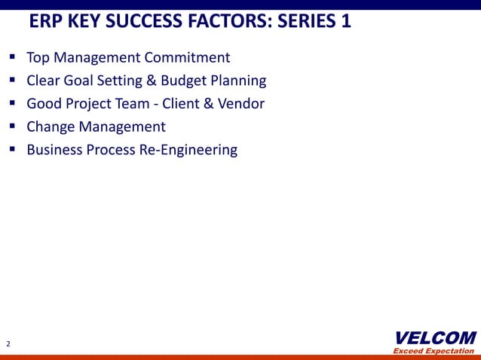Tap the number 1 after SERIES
[345, 21]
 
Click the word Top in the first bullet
[38, 57]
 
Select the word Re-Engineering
[188, 150]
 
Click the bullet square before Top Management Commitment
[13, 57]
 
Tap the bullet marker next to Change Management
[13, 127]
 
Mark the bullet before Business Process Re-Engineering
[13, 150]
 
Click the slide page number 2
[8, 344]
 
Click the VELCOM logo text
[435, 337]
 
